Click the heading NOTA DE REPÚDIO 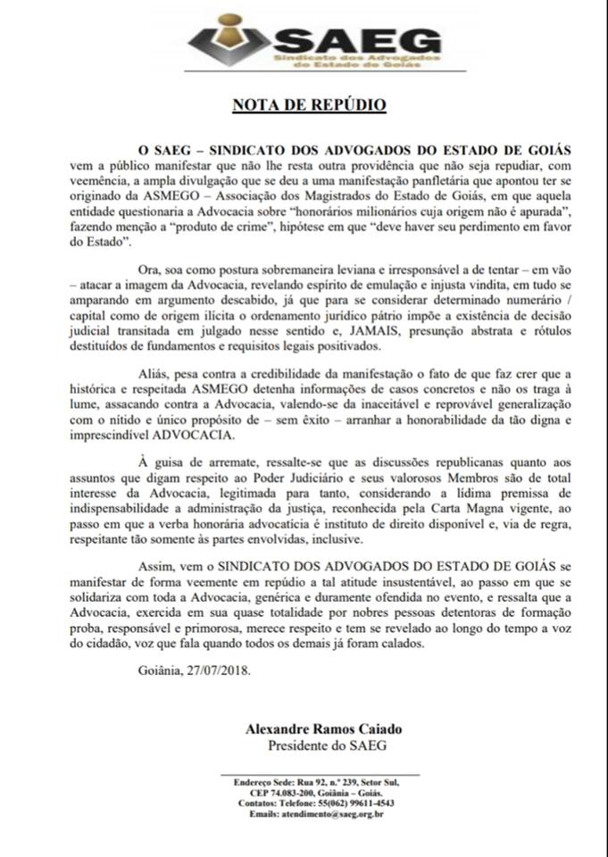point(309,105)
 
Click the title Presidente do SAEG point(321,745)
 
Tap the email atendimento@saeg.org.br point(331,814)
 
